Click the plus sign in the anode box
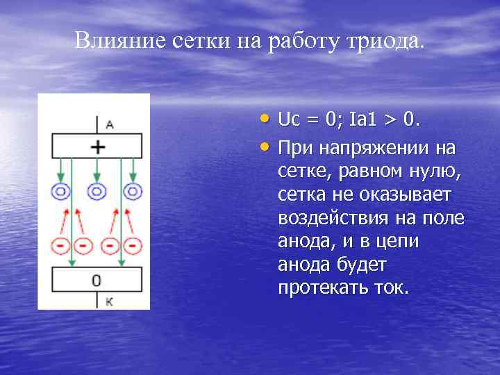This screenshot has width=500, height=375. [98, 147]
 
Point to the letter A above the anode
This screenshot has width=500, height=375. [110, 125]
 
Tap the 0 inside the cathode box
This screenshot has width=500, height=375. [97, 280]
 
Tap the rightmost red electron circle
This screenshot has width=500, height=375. [133, 246]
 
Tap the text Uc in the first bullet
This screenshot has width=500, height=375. [288, 121]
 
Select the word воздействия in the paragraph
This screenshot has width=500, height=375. [333, 218]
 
